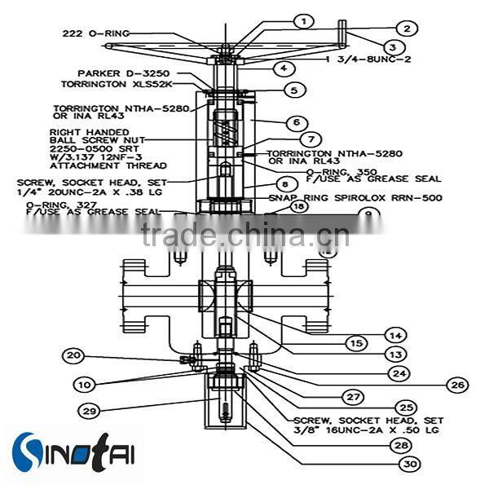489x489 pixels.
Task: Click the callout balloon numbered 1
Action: point(303,20)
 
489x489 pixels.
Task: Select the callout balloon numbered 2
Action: point(407,28)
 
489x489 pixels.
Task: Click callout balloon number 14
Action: point(395,335)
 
